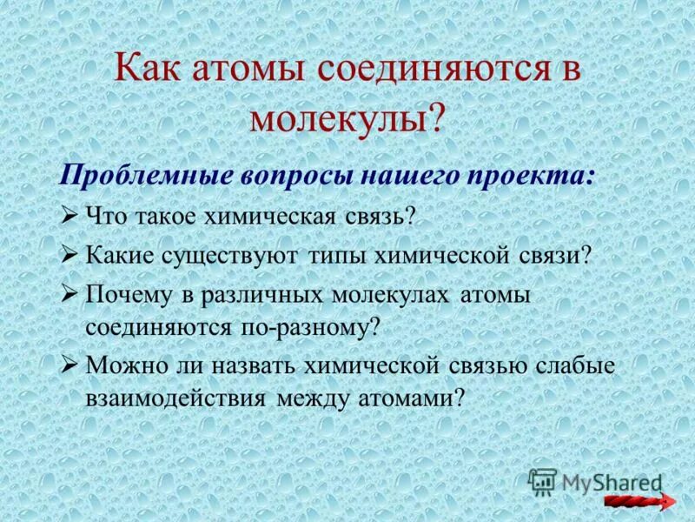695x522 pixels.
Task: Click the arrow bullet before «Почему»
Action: tap(71, 294)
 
